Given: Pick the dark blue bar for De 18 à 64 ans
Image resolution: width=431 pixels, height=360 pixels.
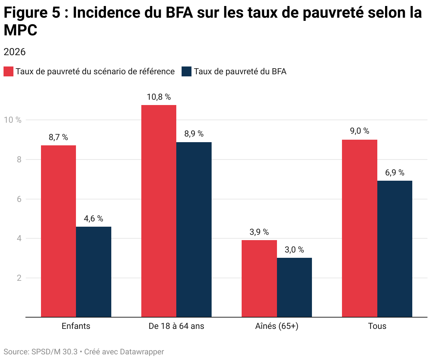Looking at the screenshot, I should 194,230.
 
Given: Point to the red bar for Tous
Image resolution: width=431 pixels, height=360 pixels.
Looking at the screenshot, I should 359,228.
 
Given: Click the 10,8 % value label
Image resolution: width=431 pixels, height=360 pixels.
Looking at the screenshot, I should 159,97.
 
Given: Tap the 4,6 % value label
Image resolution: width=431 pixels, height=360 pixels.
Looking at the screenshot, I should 94,219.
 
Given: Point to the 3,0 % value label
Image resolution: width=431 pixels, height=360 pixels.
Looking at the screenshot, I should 294,250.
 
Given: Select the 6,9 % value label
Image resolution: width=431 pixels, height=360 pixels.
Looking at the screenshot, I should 395,173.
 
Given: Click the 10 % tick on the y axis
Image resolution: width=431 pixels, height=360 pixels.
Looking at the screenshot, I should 13,120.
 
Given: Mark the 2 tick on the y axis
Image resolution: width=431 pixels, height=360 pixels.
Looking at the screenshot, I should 19,278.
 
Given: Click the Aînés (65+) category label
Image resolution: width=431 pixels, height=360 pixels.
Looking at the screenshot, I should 277,326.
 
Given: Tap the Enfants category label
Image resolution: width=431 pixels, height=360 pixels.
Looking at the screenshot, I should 76,326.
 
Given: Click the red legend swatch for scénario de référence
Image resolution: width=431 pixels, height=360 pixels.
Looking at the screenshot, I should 8,71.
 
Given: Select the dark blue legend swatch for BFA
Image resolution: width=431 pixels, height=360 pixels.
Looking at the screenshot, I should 186,71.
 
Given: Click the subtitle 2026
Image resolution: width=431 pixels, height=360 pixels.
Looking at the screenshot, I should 14,52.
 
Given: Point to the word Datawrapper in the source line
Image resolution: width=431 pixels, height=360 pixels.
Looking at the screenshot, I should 142,352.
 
